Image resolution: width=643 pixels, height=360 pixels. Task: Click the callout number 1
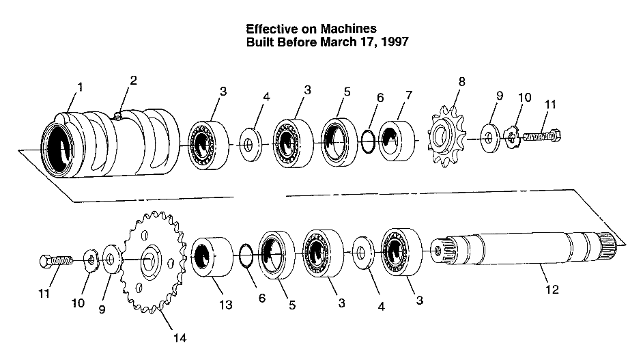point(81,87)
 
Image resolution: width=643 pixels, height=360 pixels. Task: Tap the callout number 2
point(133,80)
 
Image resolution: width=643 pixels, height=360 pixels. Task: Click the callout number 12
point(552,290)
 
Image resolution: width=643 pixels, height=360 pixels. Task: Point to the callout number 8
point(462,81)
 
